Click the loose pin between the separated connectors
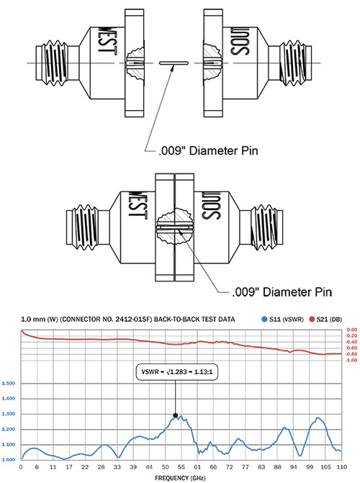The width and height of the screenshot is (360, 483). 174,63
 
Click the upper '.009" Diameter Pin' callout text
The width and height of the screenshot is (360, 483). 208,151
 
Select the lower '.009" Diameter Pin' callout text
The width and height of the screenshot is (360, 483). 282,292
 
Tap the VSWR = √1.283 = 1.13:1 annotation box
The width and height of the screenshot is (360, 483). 176,372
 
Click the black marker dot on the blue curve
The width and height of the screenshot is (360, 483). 176,415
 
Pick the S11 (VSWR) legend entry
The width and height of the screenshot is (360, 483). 283,320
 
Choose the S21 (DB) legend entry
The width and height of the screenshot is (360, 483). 325,320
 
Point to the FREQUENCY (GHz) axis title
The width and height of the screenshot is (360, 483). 180,478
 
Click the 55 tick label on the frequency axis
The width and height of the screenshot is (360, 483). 181,467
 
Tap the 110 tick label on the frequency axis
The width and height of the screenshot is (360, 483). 342,467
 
